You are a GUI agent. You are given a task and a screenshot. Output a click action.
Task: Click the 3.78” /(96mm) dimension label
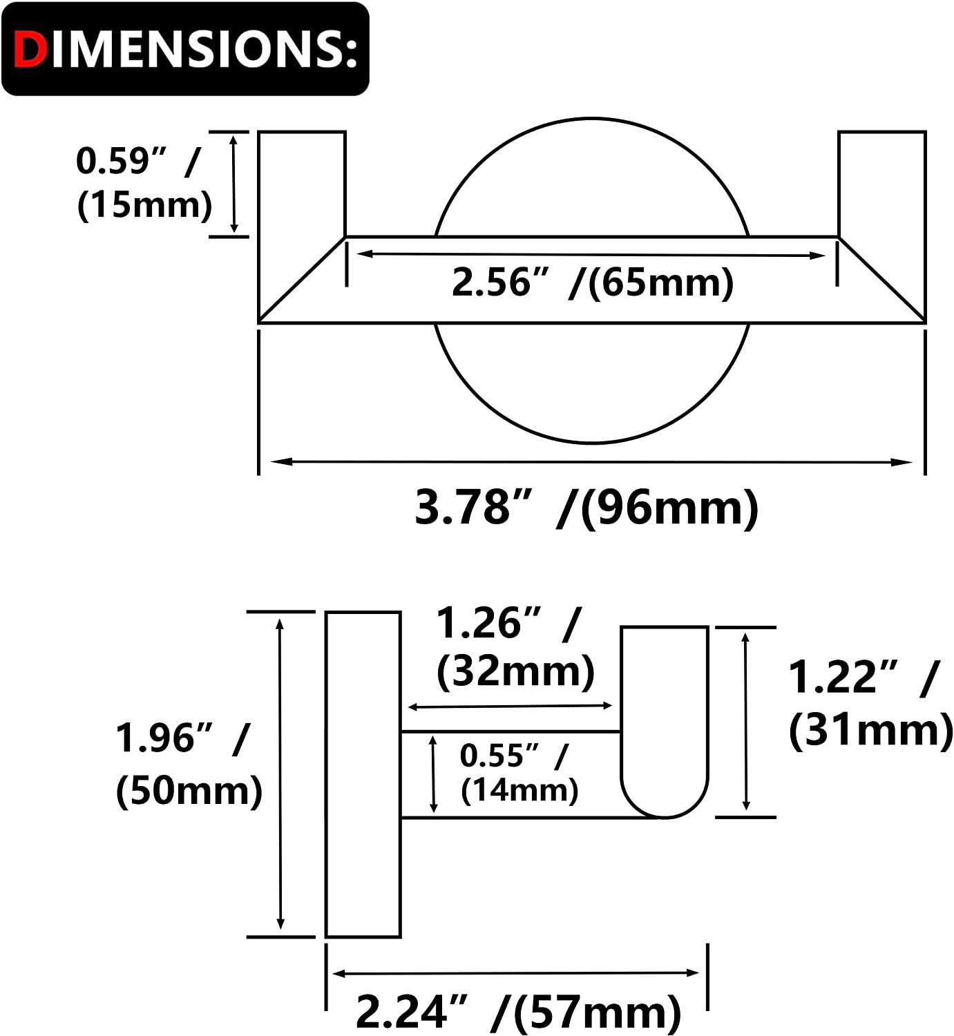(586, 508)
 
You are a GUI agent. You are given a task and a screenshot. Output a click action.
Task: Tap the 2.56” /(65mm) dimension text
(592, 283)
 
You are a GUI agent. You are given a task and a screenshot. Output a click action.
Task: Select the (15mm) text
(144, 205)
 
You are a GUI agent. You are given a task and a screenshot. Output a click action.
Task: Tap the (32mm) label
(516, 672)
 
